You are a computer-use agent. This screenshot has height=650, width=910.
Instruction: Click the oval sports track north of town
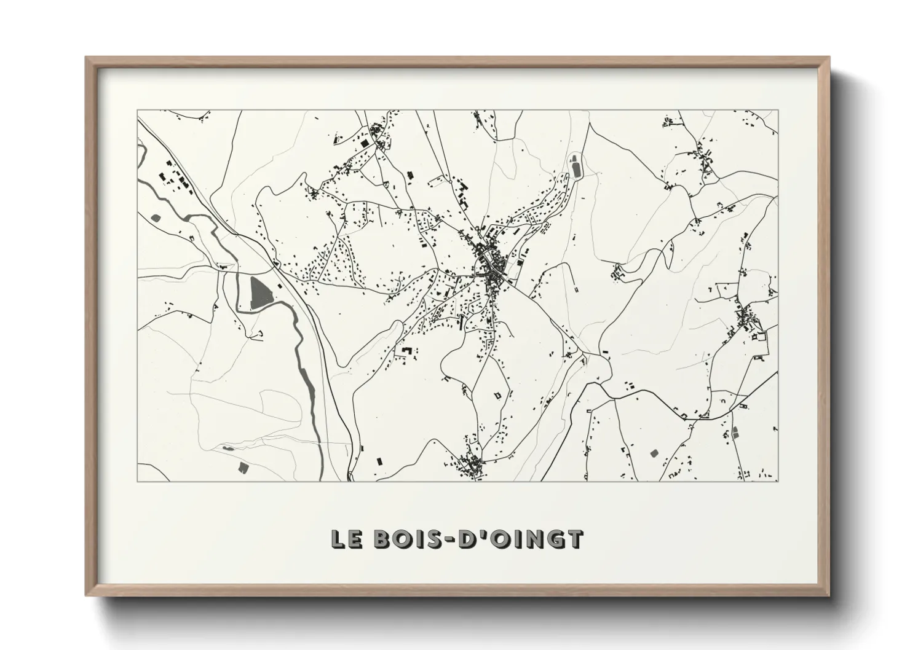[x=576, y=165]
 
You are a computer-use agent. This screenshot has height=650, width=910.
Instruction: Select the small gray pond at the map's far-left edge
[x=154, y=217]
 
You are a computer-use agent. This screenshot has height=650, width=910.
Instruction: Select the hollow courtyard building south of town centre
[x=498, y=396]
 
